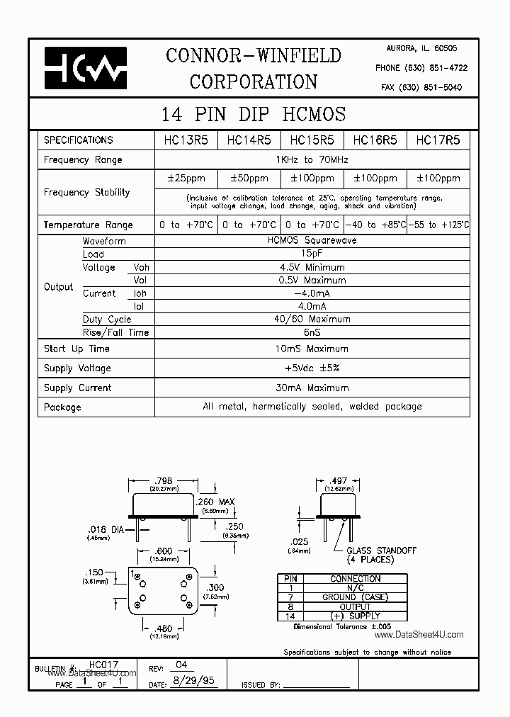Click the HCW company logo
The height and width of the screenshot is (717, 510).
tap(85, 68)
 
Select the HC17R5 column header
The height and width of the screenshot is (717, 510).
tap(438, 140)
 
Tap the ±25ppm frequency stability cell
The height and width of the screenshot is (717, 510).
tap(186, 179)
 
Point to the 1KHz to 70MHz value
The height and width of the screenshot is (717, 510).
tap(312, 160)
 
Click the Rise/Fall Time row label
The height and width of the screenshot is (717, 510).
tap(115, 332)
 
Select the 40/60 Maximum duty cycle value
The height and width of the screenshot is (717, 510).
tap(312, 319)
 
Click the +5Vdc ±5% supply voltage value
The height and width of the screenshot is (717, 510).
tap(312, 368)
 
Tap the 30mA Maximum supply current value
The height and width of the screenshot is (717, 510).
tap(312, 388)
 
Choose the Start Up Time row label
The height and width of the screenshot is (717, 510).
tap(76, 349)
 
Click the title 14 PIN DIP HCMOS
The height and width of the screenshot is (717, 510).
tap(254, 114)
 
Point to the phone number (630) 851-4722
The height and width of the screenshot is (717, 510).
tap(421, 68)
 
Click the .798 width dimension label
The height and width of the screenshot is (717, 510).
tap(163, 480)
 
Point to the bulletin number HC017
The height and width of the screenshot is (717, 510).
tap(104, 665)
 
